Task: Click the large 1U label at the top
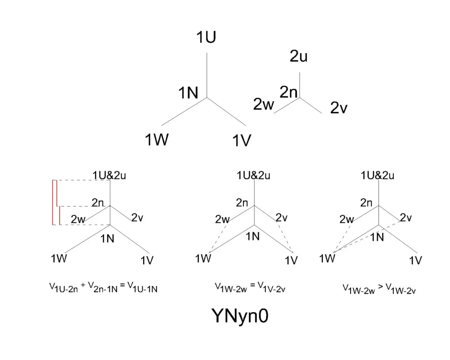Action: coord(206,38)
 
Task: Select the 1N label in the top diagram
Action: coord(188,93)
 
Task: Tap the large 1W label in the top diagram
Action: coord(157,140)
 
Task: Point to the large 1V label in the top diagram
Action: coord(241,141)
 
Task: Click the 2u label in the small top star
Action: coord(298,56)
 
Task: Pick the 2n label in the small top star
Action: coord(289,92)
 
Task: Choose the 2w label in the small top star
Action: coord(263,105)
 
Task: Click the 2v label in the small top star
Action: coord(339,108)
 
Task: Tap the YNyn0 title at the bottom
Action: coord(240,316)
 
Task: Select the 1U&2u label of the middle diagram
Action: coord(254,175)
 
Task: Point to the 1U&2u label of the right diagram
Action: coord(377,176)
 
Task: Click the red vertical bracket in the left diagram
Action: coord(54,202)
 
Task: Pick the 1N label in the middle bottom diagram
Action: coord(253,236)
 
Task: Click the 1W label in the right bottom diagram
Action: coord(327,258)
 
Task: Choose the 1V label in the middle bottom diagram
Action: coord(291,260)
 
